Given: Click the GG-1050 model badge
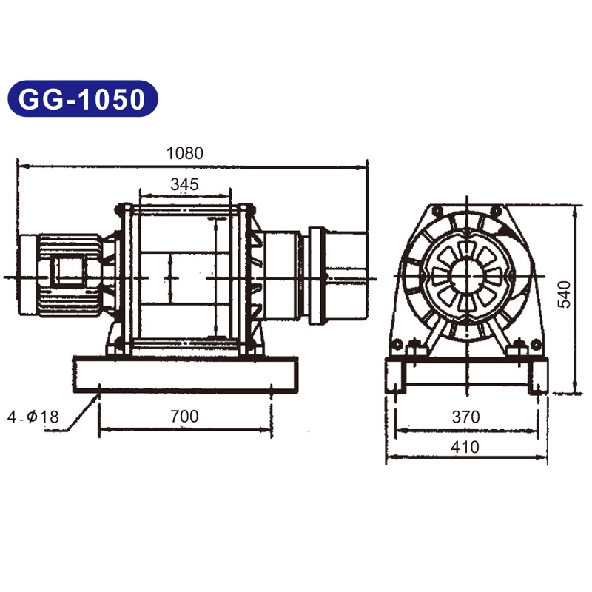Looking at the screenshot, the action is (83, 98).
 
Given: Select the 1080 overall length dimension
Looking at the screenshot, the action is (184, 153).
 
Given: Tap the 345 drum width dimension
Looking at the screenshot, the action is (184, 184).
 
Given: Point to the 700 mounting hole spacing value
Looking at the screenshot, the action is (184, 416).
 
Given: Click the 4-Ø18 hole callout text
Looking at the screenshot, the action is (33, 417).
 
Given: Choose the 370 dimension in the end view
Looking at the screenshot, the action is (465, 417).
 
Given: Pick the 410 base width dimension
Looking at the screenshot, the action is (465, 447).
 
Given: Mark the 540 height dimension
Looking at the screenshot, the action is (565, 295).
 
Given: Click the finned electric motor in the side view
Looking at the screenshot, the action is (70, 275).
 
